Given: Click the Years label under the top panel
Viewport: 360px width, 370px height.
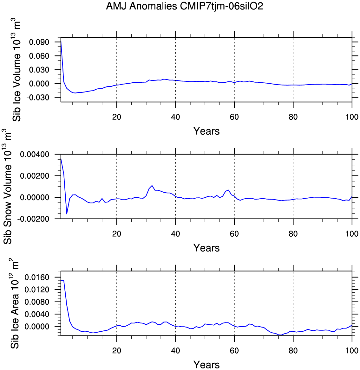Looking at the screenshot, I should (x=206, y=131).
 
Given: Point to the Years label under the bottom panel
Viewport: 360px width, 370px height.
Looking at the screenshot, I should (x=206, y=365).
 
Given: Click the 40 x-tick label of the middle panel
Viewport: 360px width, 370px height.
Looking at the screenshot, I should (x=175, y=234).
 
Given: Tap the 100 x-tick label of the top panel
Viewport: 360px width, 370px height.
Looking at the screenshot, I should (x=352, y=117).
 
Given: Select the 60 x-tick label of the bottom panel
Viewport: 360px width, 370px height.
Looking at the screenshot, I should (x=234, y=350).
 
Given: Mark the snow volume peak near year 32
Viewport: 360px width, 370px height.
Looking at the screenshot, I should (x=152, y=185).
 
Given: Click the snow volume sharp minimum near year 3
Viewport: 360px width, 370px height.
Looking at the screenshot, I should (x=67, y=214).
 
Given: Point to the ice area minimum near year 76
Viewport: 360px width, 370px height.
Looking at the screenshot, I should (x=280, y=335).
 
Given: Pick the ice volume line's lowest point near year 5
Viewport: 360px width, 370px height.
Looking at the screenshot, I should (x=75, y=93).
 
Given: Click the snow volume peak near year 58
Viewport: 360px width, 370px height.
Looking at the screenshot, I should (x=228, y=190).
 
